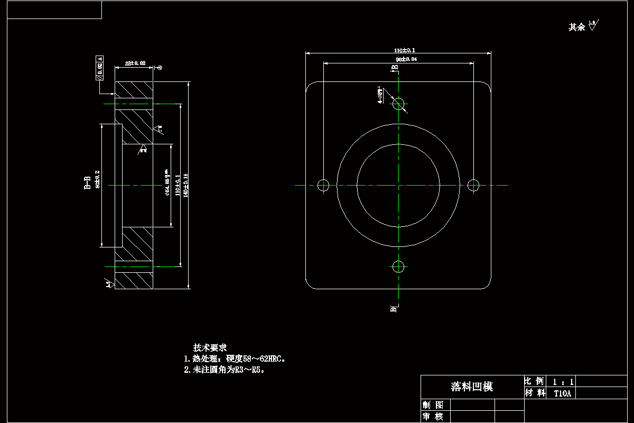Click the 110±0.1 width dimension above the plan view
[x=399, y=50]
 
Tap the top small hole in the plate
[x=398, y=103]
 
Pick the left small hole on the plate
[x=323, y=185]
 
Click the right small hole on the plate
[x=473, y=185]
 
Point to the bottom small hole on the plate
[x=398, y=266]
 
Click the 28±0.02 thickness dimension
[x=135, y=63]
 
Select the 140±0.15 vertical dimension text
[x=185, y=186]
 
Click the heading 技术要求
[x=210, y=348]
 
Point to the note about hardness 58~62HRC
[x=235, y=359]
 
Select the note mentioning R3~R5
[x=224, y=370]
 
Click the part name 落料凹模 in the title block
[x=472, y=387]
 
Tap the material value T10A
[x=562, y=393]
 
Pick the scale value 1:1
[x=563, y=381]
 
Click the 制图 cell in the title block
[x=433, y=405]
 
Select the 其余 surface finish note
[x=576, y=27]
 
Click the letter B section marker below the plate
[x=393, y=309]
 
